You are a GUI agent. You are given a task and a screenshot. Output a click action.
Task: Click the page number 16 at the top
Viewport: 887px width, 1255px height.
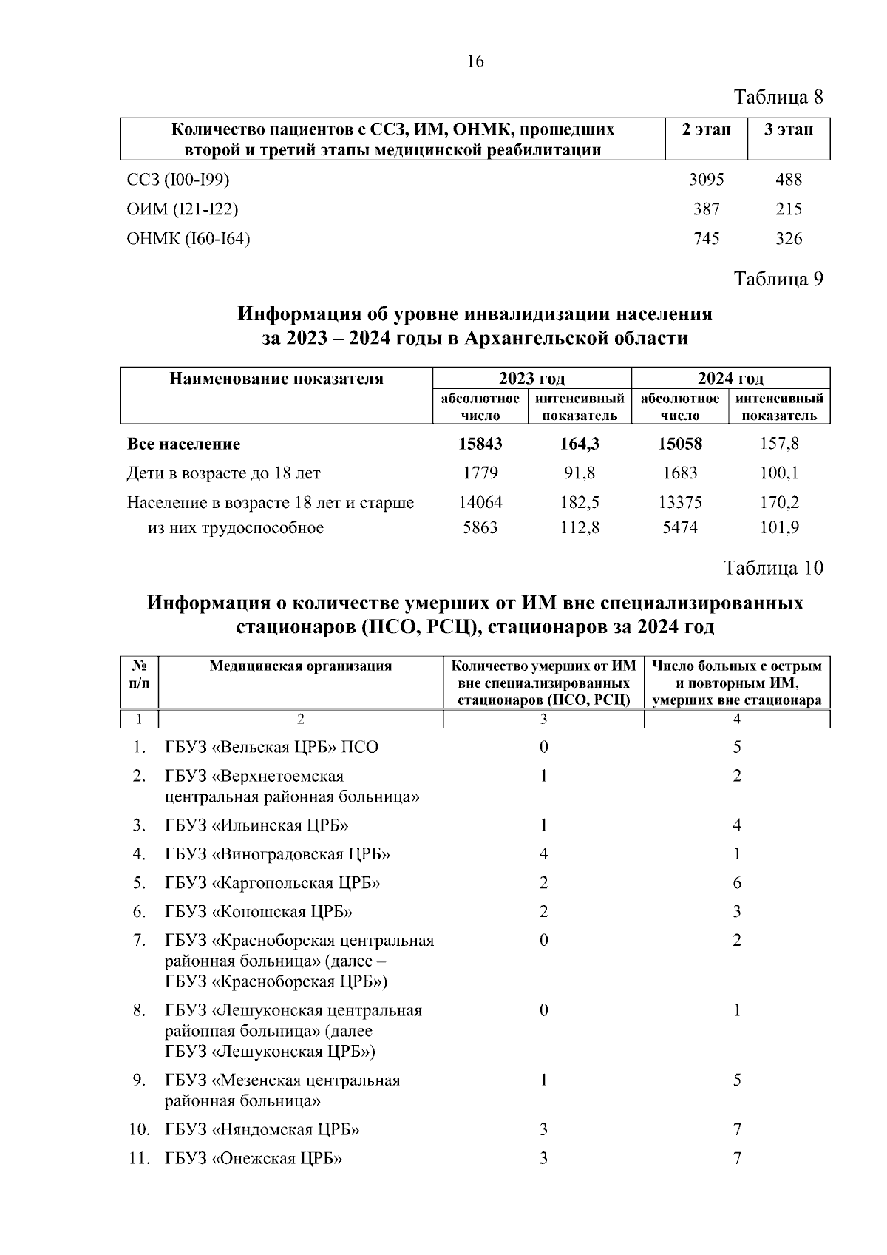475,61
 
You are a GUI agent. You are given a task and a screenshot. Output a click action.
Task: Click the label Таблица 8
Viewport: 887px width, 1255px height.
778,97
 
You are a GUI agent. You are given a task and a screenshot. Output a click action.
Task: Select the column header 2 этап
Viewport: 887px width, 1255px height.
706,130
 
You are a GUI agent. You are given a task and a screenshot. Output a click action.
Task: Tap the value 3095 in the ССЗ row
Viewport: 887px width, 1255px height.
706,179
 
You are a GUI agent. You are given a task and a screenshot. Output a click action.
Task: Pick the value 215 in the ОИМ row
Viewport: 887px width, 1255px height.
789,209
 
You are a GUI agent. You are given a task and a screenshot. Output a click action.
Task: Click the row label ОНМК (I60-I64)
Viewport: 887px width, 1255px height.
188,239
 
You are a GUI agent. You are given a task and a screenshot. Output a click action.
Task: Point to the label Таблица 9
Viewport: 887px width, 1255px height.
778,279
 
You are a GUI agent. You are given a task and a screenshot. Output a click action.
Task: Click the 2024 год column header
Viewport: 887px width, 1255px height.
730,379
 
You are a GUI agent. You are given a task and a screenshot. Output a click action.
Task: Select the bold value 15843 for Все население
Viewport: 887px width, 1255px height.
480,444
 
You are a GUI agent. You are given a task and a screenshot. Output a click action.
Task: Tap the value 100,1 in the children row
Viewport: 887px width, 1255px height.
779,473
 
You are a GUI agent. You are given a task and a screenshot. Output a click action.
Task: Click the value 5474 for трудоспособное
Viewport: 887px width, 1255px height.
680,527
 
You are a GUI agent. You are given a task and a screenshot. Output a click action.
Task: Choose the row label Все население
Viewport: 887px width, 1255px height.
183,444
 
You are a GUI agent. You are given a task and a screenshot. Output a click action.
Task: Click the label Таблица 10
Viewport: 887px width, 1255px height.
773,568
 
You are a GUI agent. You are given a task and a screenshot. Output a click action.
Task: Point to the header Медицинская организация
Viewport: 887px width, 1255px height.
300,666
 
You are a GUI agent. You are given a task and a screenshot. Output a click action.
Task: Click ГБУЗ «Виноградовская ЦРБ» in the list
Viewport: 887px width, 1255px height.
277,854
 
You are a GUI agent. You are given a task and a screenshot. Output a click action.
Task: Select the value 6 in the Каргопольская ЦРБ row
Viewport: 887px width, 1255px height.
737,883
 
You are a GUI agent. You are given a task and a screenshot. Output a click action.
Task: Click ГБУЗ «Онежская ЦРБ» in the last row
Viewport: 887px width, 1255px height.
254,1158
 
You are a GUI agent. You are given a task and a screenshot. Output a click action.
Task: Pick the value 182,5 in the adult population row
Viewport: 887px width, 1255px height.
580,502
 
